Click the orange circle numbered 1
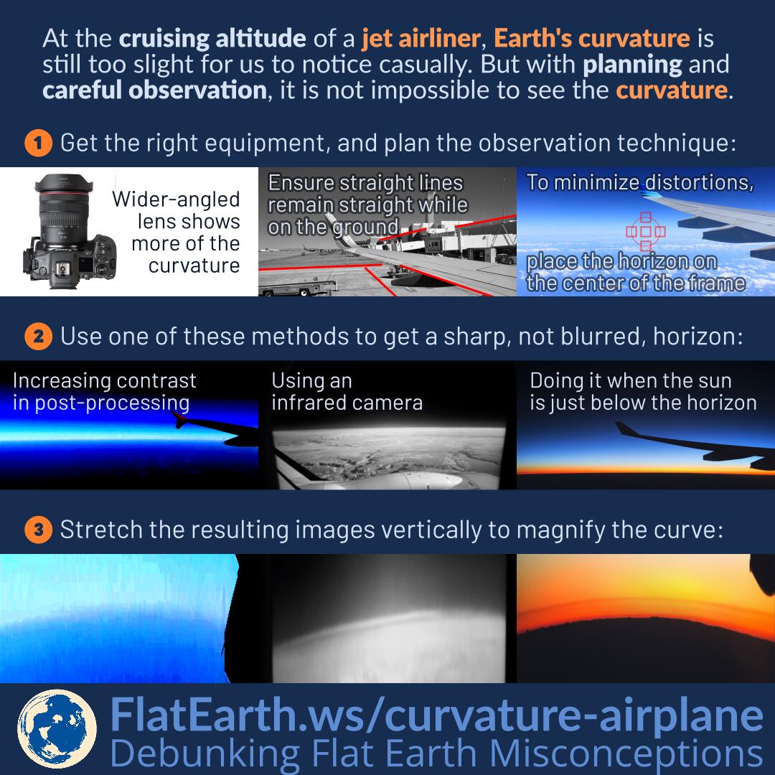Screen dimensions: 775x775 [x=39, y=143]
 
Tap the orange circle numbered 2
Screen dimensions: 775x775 [x=39, y=337]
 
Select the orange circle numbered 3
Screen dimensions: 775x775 [x=39, y=530]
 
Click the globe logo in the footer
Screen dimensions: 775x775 [x=57, y=729]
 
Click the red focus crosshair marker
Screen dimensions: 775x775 [x=646, y=231]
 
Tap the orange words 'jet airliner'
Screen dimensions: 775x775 [x=421, y=38]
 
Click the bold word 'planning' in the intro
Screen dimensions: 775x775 [x=633, y=65]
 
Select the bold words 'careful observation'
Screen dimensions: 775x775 [x=155, y=90]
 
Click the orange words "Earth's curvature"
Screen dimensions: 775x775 [x=591, y=38]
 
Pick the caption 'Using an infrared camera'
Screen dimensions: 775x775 [x=347, y=392]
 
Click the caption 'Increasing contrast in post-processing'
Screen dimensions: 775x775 [x=104, y=392]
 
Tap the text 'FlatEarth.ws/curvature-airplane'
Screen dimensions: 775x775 [x=436, y=715]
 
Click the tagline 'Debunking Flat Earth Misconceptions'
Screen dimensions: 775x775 [x=436, y=753]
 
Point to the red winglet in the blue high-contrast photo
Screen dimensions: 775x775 [x=179, y=420]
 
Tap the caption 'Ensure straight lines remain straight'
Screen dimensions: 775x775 [x=367, y=194]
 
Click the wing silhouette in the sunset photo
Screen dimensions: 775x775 [x=695, y=445]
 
